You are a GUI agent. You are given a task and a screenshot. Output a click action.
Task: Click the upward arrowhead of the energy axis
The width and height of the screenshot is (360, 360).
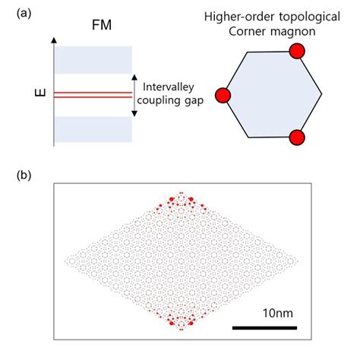(x=54, y=38)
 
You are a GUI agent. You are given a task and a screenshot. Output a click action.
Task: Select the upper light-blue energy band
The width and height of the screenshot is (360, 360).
(x=94, y=59)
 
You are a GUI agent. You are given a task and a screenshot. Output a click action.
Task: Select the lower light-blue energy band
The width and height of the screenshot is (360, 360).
(x=94, y=128)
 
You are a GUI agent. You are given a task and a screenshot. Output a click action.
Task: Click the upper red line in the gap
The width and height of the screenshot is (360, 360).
(x=94, y=90)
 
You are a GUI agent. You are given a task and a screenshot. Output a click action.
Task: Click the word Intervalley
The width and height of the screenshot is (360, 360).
(x=169, y=87)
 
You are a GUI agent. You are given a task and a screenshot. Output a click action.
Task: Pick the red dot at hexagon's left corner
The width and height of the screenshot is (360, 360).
(x=223, y=95)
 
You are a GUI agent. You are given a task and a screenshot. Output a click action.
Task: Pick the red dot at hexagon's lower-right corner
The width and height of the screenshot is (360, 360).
(x=297, y=138)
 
